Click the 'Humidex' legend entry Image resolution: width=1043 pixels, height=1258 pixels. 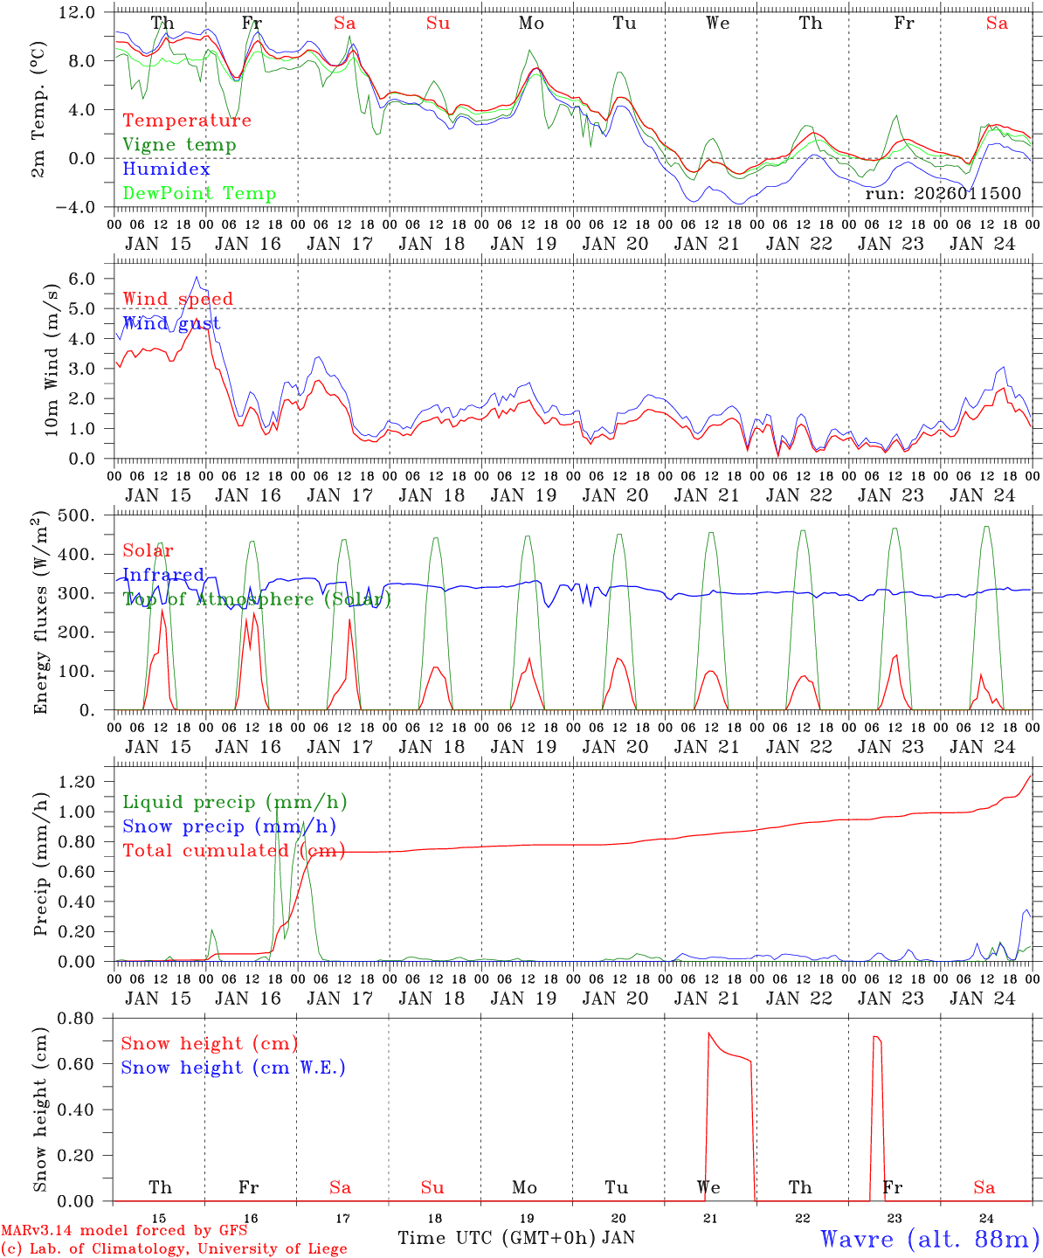[x=166, y=169]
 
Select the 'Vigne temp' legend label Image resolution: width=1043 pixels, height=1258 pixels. [x=179, y=145]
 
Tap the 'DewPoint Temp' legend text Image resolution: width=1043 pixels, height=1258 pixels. [x=199, y=194]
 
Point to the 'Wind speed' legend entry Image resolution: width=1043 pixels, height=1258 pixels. [x=178, y=299]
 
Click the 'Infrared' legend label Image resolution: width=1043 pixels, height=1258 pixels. [x=163, y=575]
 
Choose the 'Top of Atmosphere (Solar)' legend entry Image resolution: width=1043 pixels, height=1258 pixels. [x=257, y=599]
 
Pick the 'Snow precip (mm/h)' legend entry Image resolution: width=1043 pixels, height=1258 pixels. [x=229, y=826]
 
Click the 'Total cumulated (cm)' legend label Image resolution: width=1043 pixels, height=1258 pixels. [x=233, y=850]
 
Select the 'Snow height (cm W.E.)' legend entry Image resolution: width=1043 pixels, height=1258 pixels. [x=233, y=1068]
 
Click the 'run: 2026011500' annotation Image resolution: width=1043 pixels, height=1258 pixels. [x=943, y=194]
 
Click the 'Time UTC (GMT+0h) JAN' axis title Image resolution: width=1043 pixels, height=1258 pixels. [x=516, y=1238]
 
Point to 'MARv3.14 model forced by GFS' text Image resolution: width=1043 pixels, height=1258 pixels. [x=124, y=1231]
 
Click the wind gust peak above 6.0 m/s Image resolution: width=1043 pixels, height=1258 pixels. [x=197, y=277]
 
